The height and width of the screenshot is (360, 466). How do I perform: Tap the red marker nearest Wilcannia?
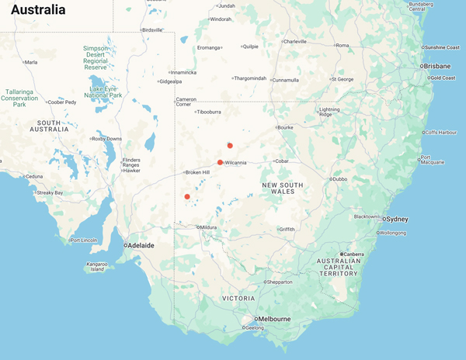(221, 162)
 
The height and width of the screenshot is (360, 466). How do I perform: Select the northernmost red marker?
(230, 145)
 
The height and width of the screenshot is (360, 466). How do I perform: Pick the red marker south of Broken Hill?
(187, 196)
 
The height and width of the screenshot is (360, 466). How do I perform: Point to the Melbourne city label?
(274, 319)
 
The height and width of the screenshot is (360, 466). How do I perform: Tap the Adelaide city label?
(141, 245)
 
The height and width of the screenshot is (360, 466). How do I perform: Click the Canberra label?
(353, 254)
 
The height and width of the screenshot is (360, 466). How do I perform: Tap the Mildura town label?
(208, 227)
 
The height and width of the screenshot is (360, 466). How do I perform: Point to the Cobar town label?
(281, 161)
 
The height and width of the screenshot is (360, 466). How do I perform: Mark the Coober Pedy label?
(63, 102)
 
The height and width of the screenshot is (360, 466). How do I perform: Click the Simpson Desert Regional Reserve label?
(96, 57)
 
